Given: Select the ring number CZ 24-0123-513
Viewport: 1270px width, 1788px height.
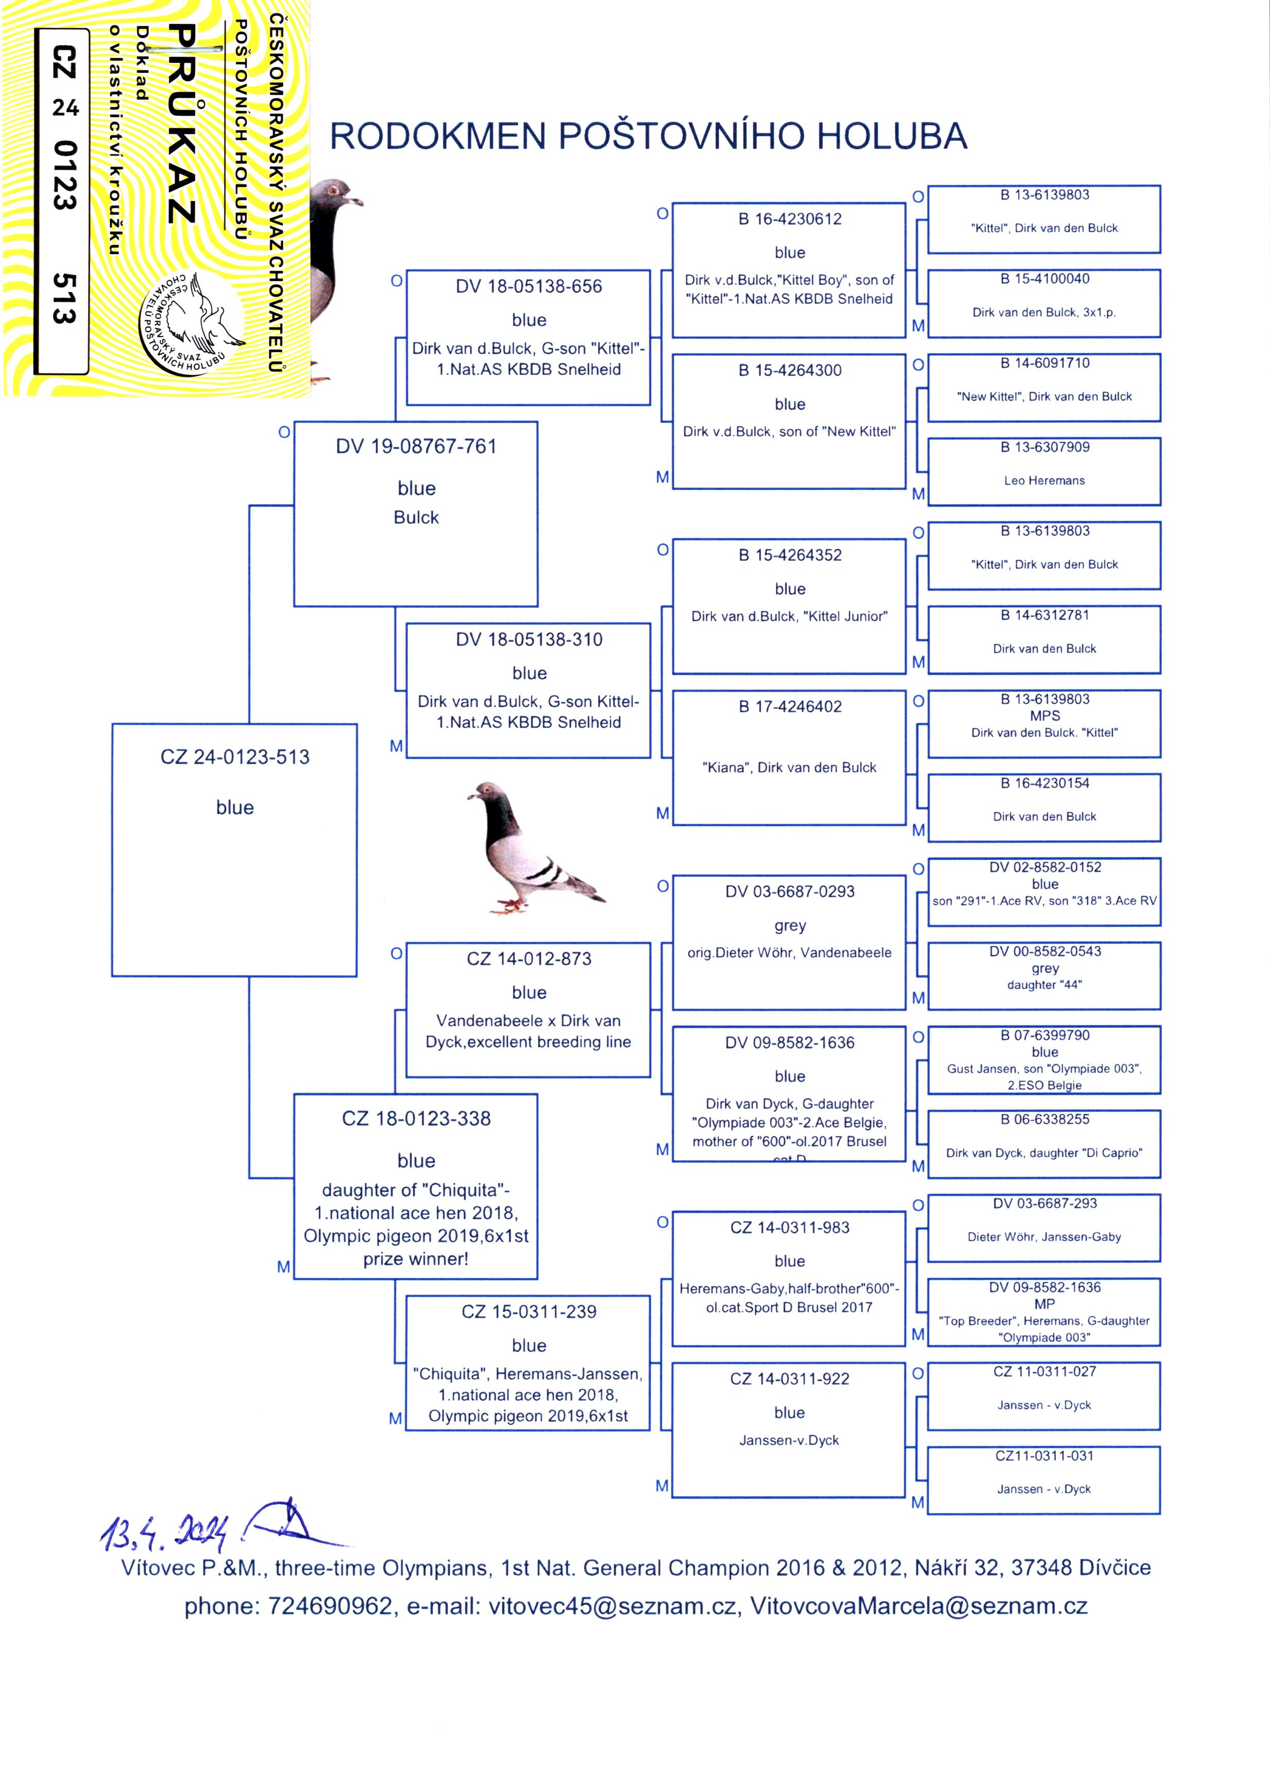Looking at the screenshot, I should coord(235,757).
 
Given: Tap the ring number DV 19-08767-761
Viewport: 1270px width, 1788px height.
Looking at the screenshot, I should coord(416,446).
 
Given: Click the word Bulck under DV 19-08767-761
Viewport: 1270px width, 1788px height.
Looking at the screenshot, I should coord(416,518).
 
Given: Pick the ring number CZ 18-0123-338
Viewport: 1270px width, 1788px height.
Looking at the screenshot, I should coord(416,1118).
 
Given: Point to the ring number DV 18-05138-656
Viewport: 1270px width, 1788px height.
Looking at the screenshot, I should coord(528,286).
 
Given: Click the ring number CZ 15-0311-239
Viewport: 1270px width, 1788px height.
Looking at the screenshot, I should coord(528,1311).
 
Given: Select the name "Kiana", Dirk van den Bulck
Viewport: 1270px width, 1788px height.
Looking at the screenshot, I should coord(789,768).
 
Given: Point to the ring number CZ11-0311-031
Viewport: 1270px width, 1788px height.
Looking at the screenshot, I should coord(1044,1456).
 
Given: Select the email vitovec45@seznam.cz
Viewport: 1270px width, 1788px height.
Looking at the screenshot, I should coord(612,1606).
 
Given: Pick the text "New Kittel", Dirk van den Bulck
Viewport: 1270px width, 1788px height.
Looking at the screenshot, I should coord(1044,397).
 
